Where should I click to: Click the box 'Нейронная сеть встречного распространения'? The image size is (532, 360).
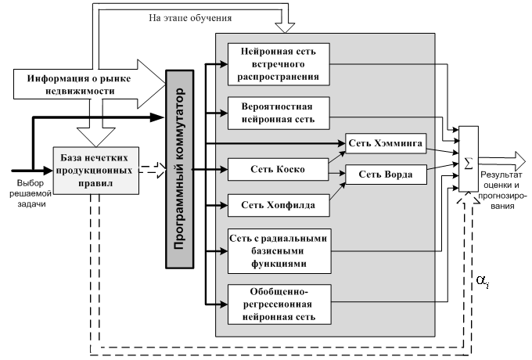tap(279, 63)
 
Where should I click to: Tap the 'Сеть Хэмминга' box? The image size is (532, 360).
tap(385, 144)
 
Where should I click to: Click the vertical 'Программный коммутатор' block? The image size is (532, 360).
tap(179, 168)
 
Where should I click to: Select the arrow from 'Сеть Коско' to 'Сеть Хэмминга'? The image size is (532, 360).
tap(337, 157)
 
